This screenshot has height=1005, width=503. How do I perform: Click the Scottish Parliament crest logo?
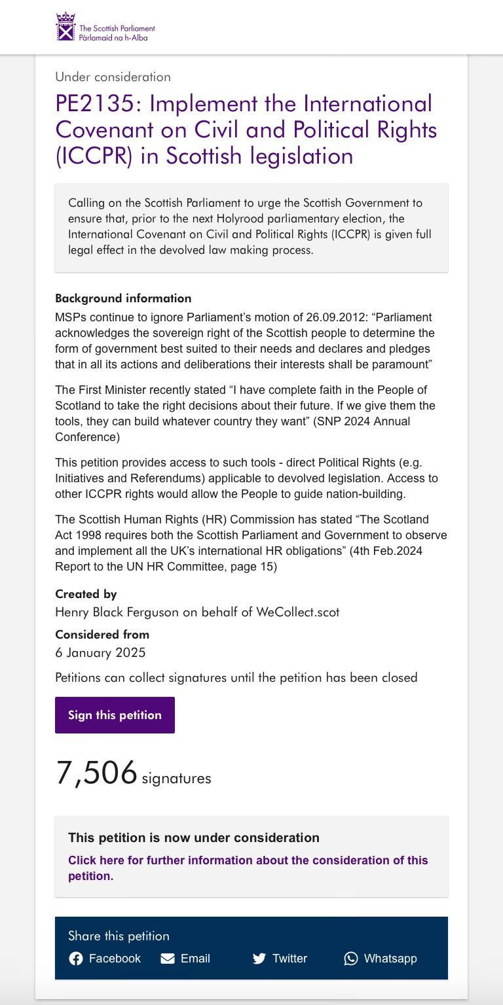[x=65, y=27]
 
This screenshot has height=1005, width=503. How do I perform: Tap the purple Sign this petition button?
[x=115, y=715]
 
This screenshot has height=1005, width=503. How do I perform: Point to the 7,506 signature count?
[x=97, y=773]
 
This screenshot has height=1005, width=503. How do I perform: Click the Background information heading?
[x=123, y=298]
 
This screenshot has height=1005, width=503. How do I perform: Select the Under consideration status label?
[x=113, y=77]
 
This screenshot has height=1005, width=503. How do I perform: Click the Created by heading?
[x=86, y=594]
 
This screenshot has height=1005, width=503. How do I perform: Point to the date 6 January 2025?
[x=100, y=652]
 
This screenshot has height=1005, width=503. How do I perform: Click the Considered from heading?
[x=102, y=634]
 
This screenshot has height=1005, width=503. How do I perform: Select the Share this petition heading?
[x=119, y=936]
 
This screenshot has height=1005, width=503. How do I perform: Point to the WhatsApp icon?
[x=351, y=959]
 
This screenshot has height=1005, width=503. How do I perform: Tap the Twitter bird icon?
[x=259, y=959]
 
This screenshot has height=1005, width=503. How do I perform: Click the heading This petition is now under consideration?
[x=194, y=837]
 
